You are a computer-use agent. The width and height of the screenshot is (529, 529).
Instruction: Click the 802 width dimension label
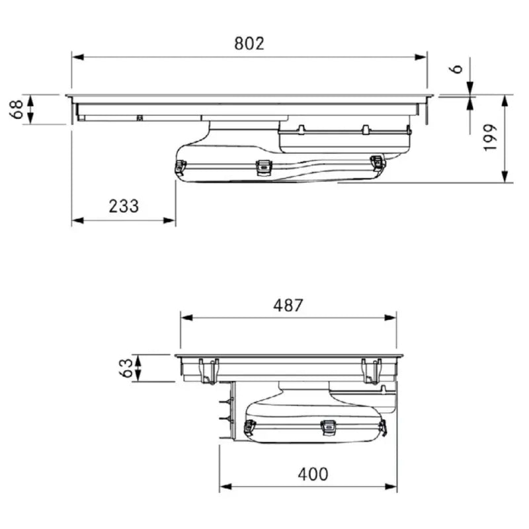249,44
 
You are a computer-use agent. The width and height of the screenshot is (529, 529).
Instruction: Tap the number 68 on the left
16,109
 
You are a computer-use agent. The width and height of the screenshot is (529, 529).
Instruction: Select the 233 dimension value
124,206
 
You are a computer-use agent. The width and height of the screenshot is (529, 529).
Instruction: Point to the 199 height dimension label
490,138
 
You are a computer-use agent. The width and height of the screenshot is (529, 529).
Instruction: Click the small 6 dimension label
456,69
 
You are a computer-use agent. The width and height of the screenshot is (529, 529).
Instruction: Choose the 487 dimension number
288,305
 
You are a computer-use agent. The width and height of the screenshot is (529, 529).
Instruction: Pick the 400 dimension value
313,474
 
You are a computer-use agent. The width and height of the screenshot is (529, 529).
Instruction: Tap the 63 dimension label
126,368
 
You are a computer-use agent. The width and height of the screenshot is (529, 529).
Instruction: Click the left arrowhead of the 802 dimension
78,57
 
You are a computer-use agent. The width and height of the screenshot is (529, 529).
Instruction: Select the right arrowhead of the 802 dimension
421,57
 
